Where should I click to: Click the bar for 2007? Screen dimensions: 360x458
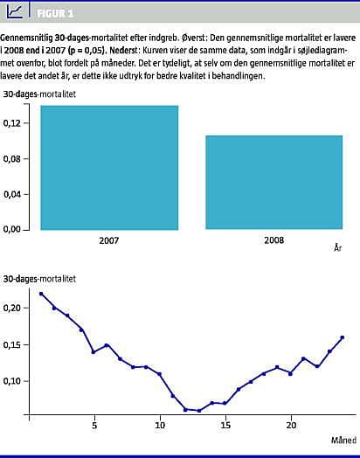coord(109,168)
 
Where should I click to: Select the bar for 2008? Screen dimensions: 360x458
coord(273,183)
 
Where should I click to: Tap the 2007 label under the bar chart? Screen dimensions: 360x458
coord(109,240)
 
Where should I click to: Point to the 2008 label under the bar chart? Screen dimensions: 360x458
coord(273,240)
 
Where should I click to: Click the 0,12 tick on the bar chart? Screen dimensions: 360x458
coord(12,123)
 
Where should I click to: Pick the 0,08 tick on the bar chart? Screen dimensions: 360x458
coord(12,159)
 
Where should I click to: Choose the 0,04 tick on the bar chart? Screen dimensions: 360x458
coord(12,195)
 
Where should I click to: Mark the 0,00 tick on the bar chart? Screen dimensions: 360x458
coord(12,229)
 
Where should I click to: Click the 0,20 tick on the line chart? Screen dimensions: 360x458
coord(12,309)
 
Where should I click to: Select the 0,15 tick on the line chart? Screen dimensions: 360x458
coord(12,345)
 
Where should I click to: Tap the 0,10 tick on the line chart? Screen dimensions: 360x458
coord(12,381)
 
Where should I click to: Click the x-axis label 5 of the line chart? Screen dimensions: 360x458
coord(94,425)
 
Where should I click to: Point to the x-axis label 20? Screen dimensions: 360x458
coord(291,425)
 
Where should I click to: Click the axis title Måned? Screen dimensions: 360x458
coord(343,440)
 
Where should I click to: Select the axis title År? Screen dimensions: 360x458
coord(338,248)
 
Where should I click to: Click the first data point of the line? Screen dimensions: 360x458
coord(41,294)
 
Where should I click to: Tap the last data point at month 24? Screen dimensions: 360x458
coord(343,337)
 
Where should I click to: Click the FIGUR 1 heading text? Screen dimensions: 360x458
coord(55,13)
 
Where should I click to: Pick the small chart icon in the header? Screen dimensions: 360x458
coord(15,11)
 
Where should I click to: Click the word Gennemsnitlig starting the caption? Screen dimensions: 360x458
coord(25,38)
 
